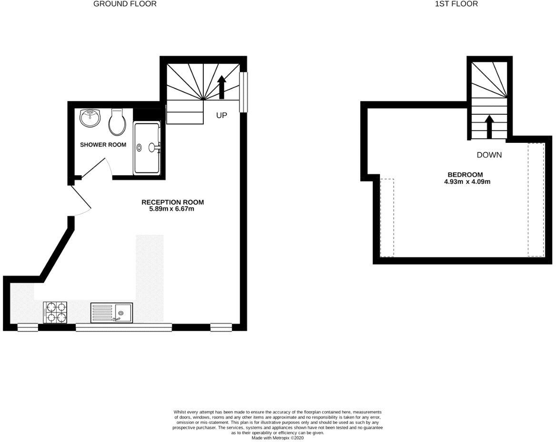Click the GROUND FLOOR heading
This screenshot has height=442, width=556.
tap(125, 4)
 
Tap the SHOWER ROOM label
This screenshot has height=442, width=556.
tap(103, 145)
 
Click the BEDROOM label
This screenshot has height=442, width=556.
tap(465, 175)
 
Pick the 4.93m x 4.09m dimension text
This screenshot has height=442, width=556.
tap(467, 181)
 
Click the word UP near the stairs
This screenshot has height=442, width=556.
tap(222, 116)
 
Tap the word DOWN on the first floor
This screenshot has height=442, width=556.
tap(489, 155)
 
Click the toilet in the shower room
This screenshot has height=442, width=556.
tap(117, 122)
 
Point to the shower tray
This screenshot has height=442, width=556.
tap(147, 148)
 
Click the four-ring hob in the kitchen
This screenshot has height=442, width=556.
tap(55, 312)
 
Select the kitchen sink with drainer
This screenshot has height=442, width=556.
tap(111, 313)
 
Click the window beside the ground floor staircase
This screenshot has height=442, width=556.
tap(243, 92)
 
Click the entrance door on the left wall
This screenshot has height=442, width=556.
tap(80, 198)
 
